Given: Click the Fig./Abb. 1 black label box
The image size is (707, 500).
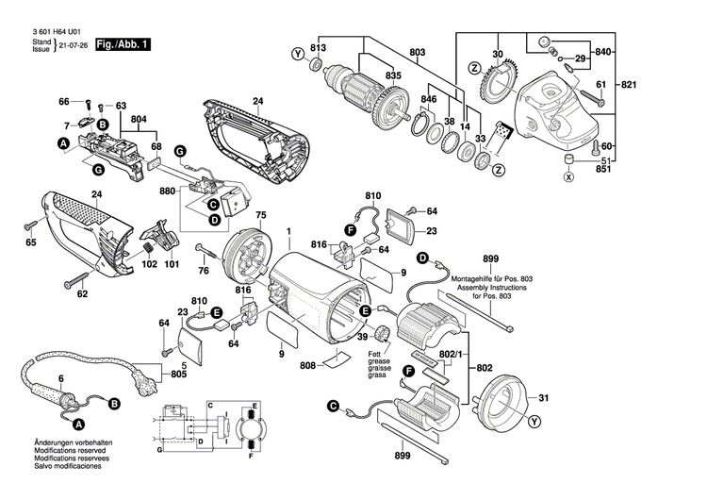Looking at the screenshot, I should point(123,45).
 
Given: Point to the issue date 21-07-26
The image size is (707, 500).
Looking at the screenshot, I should point(74,45).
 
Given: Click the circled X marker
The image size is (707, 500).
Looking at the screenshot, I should point(567,175).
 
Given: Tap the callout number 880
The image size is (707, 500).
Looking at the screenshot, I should point(168,192).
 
